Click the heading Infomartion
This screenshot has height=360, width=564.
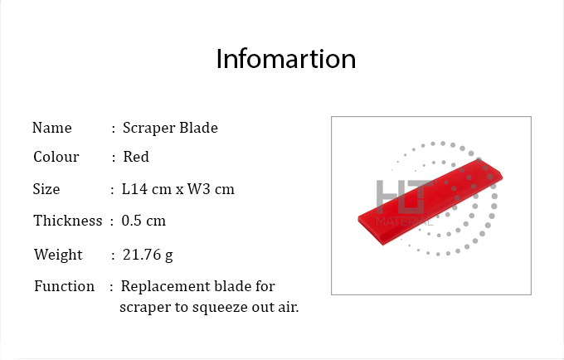[x=286, y=59]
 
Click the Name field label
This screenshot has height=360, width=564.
[x=52, y=128]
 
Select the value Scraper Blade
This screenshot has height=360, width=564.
[x=170, y=128]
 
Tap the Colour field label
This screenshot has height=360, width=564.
[x=56, y=157]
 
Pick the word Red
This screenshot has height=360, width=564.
[x=136, y=157]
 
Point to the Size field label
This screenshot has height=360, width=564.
[x=46, y=189]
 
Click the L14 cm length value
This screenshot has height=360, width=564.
[x=147, y=189]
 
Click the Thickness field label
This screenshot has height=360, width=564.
[x=68, y=221]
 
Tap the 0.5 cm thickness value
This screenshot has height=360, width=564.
[x=143, y=221]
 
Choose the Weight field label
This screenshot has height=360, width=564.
[x=58, y=255]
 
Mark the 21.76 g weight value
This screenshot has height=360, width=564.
[x=148, y=255]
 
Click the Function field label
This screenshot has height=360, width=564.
[x=65, y=286]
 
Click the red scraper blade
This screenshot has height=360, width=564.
[x=430, y=203]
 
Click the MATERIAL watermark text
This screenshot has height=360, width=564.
[x=405, y=221]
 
